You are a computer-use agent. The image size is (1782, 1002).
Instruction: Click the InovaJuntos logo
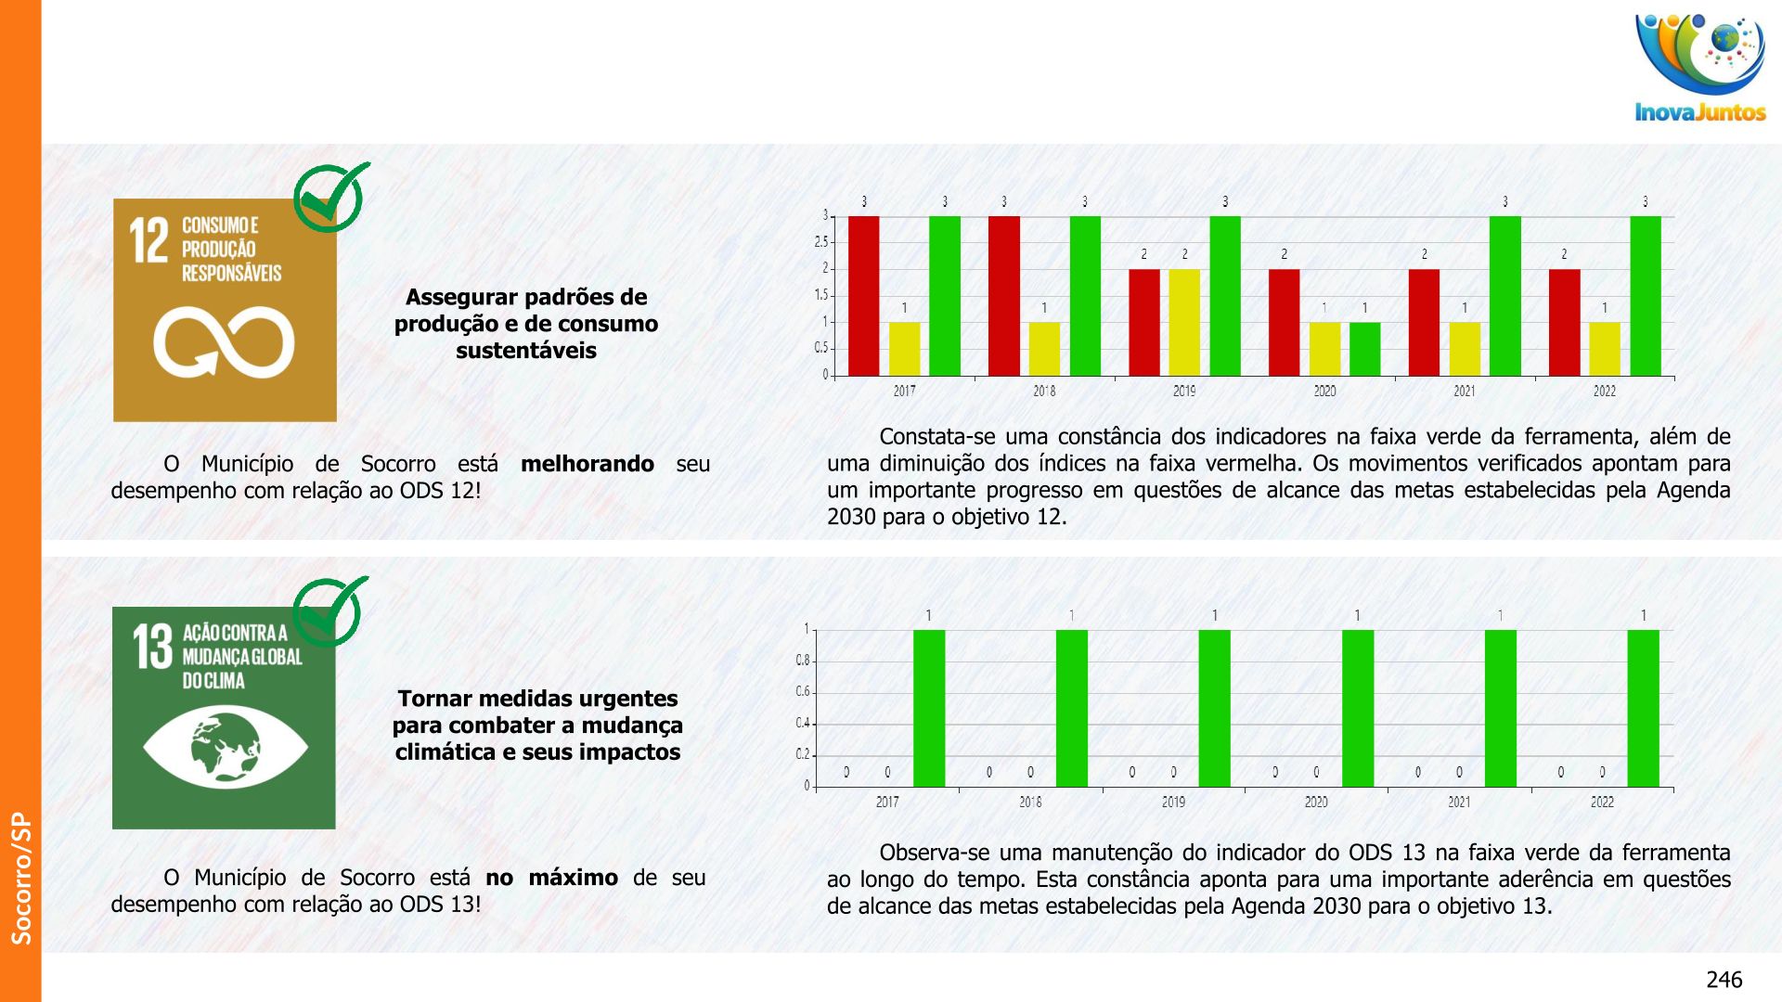(1700, 69)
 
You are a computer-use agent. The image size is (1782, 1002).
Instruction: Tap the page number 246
(1724, 980)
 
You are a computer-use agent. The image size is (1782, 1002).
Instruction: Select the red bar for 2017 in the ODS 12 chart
(863, 295)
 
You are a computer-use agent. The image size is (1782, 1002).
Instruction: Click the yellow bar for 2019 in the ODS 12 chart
(1184, 322)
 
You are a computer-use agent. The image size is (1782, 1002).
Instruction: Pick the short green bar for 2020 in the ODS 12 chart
(1364, 349)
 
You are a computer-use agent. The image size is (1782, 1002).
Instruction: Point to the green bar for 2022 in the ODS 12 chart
(1646, 295)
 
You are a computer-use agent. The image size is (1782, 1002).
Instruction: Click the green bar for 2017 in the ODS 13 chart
(929, 708)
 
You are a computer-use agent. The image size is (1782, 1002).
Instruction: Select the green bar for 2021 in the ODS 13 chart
(1501, 708)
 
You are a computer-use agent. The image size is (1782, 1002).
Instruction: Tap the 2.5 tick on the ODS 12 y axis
(821, 242)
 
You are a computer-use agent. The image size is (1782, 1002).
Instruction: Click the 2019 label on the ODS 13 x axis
(1173, 802)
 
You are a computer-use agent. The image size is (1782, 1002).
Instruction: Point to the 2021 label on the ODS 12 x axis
(1465, 391)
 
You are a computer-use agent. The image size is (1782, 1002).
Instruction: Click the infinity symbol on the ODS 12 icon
(224, 341)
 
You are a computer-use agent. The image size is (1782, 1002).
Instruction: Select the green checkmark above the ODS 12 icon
(330, 197)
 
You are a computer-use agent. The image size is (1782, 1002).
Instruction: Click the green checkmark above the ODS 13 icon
(329, 611)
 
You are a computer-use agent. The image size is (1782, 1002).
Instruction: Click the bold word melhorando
(587, 464)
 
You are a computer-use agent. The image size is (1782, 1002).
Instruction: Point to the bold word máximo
(573, 878)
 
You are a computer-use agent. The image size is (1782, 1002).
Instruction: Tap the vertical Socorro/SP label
(20, 878)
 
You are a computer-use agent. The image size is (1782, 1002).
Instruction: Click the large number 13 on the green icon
(152, 647)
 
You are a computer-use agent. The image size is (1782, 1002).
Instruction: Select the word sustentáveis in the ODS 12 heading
(526, 351)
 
